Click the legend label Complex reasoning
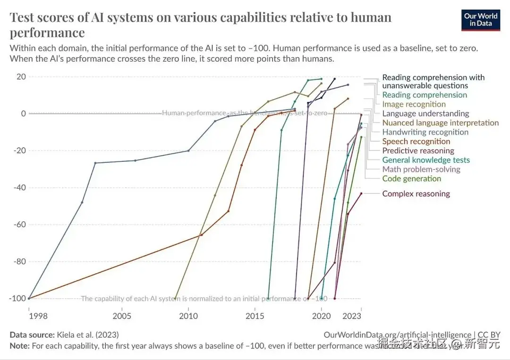pos(416,194)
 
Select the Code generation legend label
pos(411,179)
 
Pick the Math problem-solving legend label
pos(421,169)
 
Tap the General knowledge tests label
pos(426,160)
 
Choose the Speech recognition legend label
pos(416,142)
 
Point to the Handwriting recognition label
pos(425,132)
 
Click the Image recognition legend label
pos(414,104)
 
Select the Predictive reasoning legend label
pos(418,151)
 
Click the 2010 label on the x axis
pos(188,315)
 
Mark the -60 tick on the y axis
pos(18,225)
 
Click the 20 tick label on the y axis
pos(21,77)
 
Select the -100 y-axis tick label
pos(17,299)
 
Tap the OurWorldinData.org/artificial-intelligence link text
pos(397,335)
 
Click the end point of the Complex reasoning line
pos(361,193)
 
